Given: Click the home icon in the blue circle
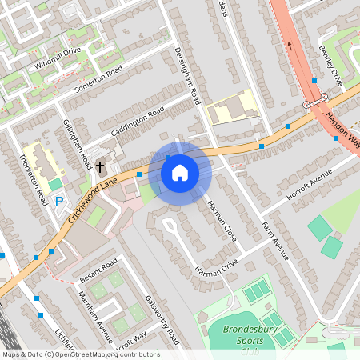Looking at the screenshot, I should click(180, 172).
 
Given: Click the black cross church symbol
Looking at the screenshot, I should click(100, 167).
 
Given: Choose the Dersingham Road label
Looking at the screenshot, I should click(186, 74).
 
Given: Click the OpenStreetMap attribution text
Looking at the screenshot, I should click(80, 354).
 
